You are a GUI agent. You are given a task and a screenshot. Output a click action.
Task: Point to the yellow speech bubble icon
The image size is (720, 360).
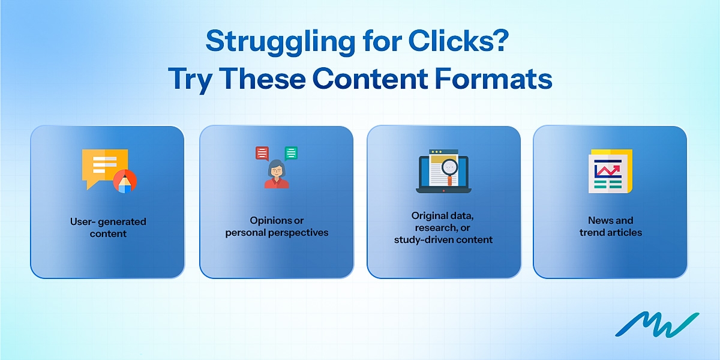103,166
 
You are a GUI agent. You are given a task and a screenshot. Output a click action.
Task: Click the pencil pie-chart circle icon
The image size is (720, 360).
125,181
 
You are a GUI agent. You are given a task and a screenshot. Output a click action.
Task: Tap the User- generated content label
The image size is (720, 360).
108,227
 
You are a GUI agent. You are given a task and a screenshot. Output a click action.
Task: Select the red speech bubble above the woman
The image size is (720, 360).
262,153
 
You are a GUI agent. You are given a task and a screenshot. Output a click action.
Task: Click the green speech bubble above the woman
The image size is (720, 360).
291,153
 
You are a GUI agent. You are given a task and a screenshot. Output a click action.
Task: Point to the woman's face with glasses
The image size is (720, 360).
277,170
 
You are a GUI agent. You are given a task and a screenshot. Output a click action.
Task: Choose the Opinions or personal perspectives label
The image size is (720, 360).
277,226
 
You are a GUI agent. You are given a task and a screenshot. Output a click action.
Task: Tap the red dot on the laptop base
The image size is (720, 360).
443,191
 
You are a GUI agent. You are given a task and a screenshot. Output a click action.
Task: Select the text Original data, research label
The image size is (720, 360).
443,221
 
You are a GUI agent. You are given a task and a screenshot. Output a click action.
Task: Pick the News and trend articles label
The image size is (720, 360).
610,226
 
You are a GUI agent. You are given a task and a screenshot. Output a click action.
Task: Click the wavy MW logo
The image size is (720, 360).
656,324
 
